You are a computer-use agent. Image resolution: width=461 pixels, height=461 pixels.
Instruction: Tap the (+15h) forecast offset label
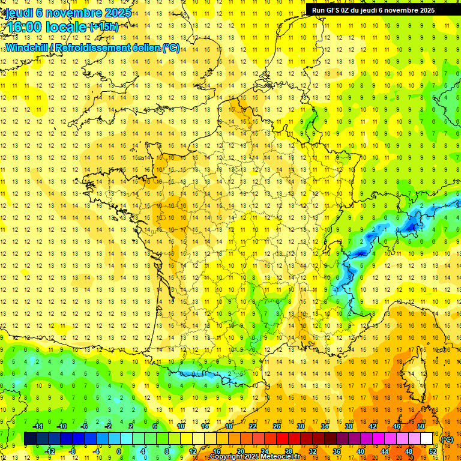coord(104,27)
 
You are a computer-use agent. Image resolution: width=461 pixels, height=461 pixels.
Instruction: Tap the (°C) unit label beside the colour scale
coord(447,439)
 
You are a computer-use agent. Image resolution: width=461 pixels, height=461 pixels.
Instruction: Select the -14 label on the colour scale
coord(38,426)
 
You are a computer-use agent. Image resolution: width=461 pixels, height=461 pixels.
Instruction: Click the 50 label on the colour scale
coord(421,426)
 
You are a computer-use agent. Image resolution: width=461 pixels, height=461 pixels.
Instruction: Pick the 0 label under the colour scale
coord(119,451)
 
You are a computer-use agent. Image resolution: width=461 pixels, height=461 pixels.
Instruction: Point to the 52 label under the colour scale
coord(433,451)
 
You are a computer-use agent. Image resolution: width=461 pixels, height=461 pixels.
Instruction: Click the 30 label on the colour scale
coord(301,426)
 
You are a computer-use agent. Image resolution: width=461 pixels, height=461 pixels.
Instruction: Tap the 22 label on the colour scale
coord(253,426)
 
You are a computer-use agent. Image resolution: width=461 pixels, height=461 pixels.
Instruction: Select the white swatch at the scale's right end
coord(427,439)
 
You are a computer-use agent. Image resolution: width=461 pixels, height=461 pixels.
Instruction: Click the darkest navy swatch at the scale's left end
coord(30,439)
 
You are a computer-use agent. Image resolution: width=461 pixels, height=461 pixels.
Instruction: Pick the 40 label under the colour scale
coord(361,451)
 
